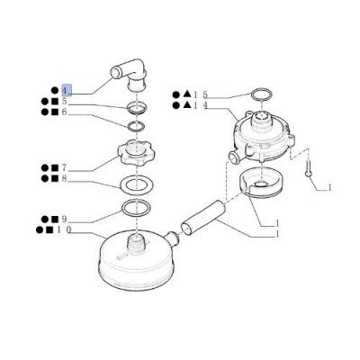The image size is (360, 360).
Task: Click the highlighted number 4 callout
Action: click(x=67, y=90)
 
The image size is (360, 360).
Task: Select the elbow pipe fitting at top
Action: click(x=129, y=75)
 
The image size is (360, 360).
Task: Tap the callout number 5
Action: click(x=64, y=102)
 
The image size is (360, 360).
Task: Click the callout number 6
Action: click(x=64, y=112)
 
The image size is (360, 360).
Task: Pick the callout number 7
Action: click(x=64, y=167)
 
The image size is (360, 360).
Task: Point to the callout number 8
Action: click(x=64, y=178)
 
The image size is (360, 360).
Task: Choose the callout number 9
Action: click(x=64, y=220)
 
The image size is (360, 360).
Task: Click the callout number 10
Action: click(x=64, y=230)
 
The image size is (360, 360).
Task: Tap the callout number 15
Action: click(x=201, y=94)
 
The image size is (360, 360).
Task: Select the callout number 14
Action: click(x=201, y=105)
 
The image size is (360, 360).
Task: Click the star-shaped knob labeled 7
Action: click(x=137, y=152)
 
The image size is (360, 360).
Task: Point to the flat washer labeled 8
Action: click(x=137, y=186)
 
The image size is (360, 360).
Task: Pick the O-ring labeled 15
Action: click(x=262, y=94)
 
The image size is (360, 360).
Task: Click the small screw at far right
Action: click(x=308, y=169)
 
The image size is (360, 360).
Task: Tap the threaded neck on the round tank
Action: click(x=137, y=242)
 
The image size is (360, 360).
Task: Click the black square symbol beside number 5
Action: click(x=55, y=102)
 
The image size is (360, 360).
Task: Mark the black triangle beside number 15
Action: click(x=186, y=94)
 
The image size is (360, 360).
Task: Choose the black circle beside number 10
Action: click(x=40, y=230)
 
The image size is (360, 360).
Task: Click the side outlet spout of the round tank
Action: click(x=172, y=238)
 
